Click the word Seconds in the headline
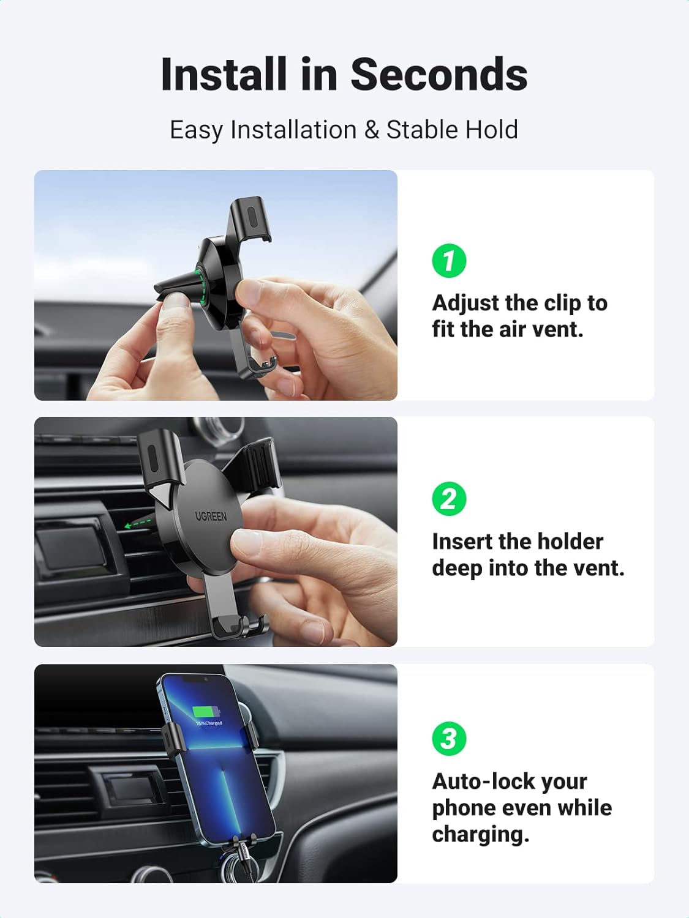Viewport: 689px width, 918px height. point(439,75)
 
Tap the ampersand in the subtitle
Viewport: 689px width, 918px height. point(371,130)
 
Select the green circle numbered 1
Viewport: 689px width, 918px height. point(449,261)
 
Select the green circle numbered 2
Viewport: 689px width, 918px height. point(449,499)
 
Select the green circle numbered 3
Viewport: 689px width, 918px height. point(449,738)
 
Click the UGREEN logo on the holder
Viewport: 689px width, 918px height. point(211,516)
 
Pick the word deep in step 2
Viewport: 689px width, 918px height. point(457,568)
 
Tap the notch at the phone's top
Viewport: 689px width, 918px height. point(195,679)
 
